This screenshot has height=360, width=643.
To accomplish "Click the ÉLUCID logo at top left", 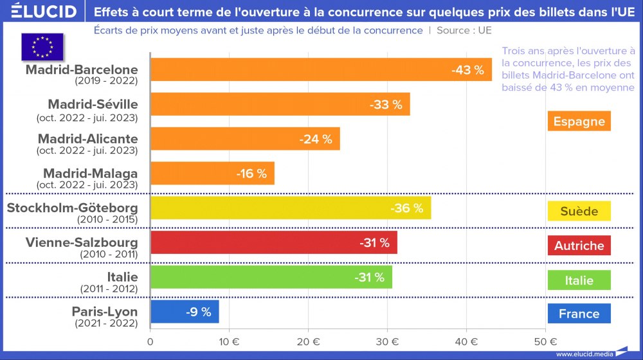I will click(x=44, y=12).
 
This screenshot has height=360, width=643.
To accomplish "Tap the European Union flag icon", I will click(x=42, y=46).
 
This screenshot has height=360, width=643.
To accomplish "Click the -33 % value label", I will click(x=386, y=104).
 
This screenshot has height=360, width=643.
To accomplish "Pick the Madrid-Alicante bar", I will click(x=244, y=139).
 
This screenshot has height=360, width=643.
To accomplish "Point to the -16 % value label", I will click(x=251, y=174).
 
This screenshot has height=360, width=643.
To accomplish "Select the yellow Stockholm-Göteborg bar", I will click(x=290, y=208).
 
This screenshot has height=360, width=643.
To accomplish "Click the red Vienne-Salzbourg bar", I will click(x=273, y=242).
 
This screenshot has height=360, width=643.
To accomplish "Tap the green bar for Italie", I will click(x=271, y=277).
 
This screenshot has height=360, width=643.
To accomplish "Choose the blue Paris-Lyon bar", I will click(x=185, y=312).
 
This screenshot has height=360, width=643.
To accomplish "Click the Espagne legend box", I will click(x=579, y=121).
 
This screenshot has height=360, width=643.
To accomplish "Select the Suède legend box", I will click(x=579, y=211).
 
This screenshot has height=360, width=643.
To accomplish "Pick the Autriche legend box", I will click(x=579, y=246).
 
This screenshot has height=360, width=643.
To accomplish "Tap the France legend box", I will click(x=579, y=314).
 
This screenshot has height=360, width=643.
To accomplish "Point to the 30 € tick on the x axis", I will click(x=388, y=341).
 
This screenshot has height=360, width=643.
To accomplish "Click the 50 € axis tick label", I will click(x=545, y=341).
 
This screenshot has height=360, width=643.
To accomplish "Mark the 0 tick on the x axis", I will click(x=150, y=341).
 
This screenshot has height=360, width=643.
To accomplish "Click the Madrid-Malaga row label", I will click(x=90, y=174).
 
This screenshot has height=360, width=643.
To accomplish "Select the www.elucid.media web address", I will click(x=583, y=354).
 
